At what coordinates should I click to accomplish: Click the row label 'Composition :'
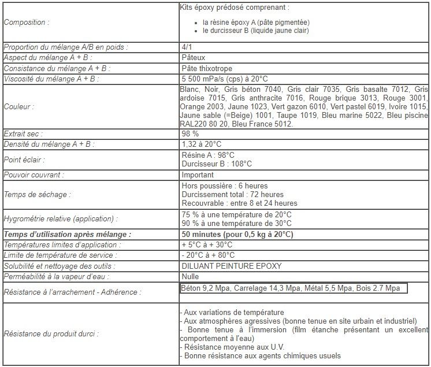pyautogui.click(x=27, y=23)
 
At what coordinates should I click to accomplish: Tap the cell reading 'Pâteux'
pyautogui.click(x=193, y=57)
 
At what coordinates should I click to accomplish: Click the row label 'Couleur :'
pyautogui.click(x=18, y=107)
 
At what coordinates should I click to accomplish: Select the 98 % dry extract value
pyautogui.click(x=190, y=134)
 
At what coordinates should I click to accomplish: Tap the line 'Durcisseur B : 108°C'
pyautogui.click(x=217, y=164)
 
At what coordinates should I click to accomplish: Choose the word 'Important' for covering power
pyautogui.click(x=197, y=175)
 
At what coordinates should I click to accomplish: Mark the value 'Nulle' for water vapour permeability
pyautogui.click(x=191, y=276)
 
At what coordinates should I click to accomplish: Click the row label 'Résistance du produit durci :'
pyautogui.click(x=51, y=333)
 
